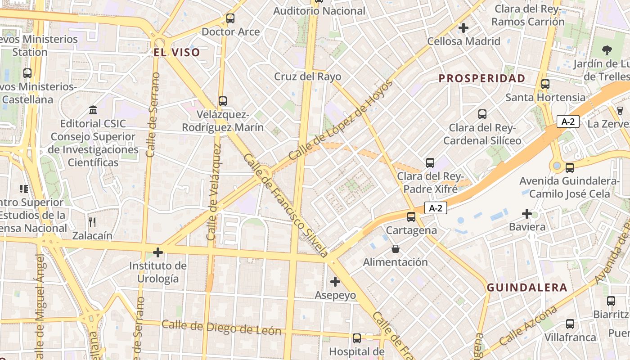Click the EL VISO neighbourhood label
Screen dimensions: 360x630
[177, 53]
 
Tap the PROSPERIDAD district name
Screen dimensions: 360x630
[482, 78]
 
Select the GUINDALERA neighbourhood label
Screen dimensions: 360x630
[527, 288]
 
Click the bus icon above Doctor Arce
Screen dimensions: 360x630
[230, 18]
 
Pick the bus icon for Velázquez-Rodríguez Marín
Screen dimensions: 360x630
[223, 101]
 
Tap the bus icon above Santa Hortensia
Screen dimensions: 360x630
[545, 84]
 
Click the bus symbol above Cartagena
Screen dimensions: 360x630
[411, 217]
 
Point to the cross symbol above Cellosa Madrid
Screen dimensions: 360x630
[463, 28]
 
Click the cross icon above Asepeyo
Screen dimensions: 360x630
[335, 282]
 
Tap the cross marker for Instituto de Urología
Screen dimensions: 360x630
[158, 252]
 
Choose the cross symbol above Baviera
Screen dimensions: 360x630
[527, 213]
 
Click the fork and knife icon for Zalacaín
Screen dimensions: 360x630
[92, 221]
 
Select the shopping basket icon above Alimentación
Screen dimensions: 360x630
[396, 248]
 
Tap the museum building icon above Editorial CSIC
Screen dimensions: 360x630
[93, 110]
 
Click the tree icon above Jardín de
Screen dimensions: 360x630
[607, 50]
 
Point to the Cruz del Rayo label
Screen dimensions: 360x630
[308, 76]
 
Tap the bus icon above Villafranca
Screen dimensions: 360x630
[570, 324]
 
